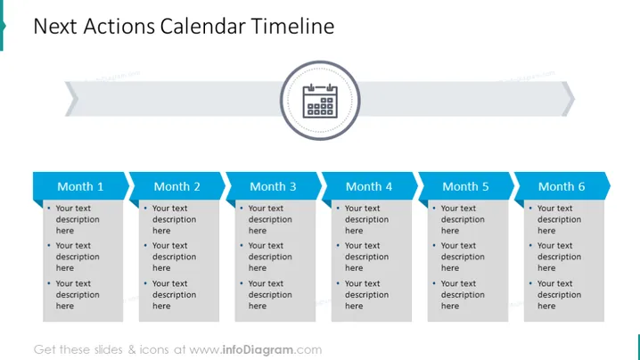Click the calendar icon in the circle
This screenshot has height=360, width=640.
320,101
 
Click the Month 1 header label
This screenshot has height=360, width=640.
80,186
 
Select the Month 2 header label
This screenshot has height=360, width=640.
176,186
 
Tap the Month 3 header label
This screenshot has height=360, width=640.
273,186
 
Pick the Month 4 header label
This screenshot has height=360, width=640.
368,186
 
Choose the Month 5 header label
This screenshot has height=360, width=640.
465,186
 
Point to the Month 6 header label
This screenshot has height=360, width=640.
562,186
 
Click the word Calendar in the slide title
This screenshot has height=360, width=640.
202,26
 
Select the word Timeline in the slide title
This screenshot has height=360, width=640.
292,26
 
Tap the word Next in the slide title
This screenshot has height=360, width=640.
55,26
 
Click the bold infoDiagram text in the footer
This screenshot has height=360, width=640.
258,350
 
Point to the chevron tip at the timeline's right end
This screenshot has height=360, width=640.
575,98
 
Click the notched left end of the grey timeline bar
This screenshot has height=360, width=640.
72,99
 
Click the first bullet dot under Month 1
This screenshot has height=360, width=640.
49,209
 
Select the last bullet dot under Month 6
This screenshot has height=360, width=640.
530,283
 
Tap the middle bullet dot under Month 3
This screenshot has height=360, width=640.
242,245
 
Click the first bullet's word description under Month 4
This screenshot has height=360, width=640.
366,219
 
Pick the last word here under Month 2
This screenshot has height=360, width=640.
161,307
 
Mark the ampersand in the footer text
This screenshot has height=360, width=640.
131,350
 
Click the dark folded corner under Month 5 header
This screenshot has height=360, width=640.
423,203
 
